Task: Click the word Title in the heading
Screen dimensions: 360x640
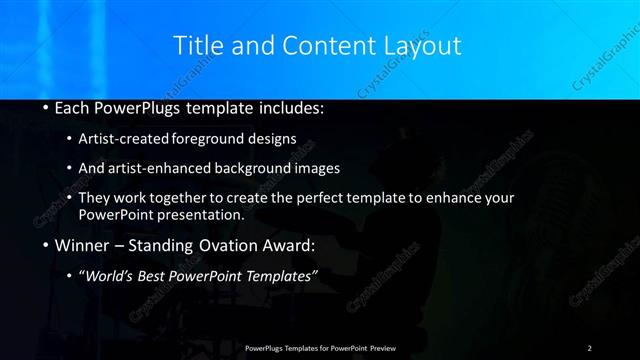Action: (x=198, y=45)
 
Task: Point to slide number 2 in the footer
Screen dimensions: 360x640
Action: (x=590, y=347)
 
